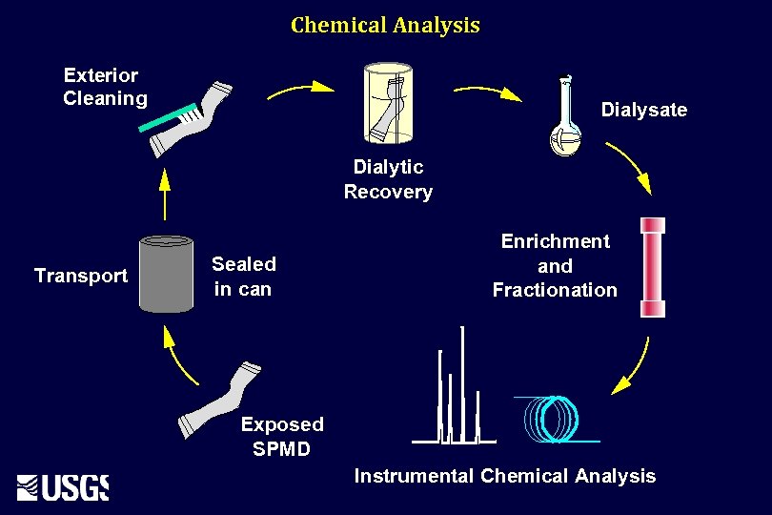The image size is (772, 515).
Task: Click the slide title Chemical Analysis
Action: click(x=385, y=25)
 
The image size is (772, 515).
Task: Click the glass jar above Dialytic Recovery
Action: click(x=387, y=104)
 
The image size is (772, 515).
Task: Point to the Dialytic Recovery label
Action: click(x=388, y=179)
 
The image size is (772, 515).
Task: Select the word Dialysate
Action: click(x=643, y=110)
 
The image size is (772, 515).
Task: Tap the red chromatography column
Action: click(x=653, y=266)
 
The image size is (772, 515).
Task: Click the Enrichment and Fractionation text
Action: click(x=555, y=266)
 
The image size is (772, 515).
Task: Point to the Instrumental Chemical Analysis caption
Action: click(x=505, y=476)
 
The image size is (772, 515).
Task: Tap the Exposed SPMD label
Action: click(x=282, y=436)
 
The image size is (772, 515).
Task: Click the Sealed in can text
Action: click(x=243, y=277)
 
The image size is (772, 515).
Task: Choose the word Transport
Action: click(x=80, y=276)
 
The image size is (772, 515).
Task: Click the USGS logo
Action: click(x=63, y=486)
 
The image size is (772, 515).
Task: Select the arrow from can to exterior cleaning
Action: click(x=164, y=195)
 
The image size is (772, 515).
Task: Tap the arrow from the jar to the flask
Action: click(x=487, y=92)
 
